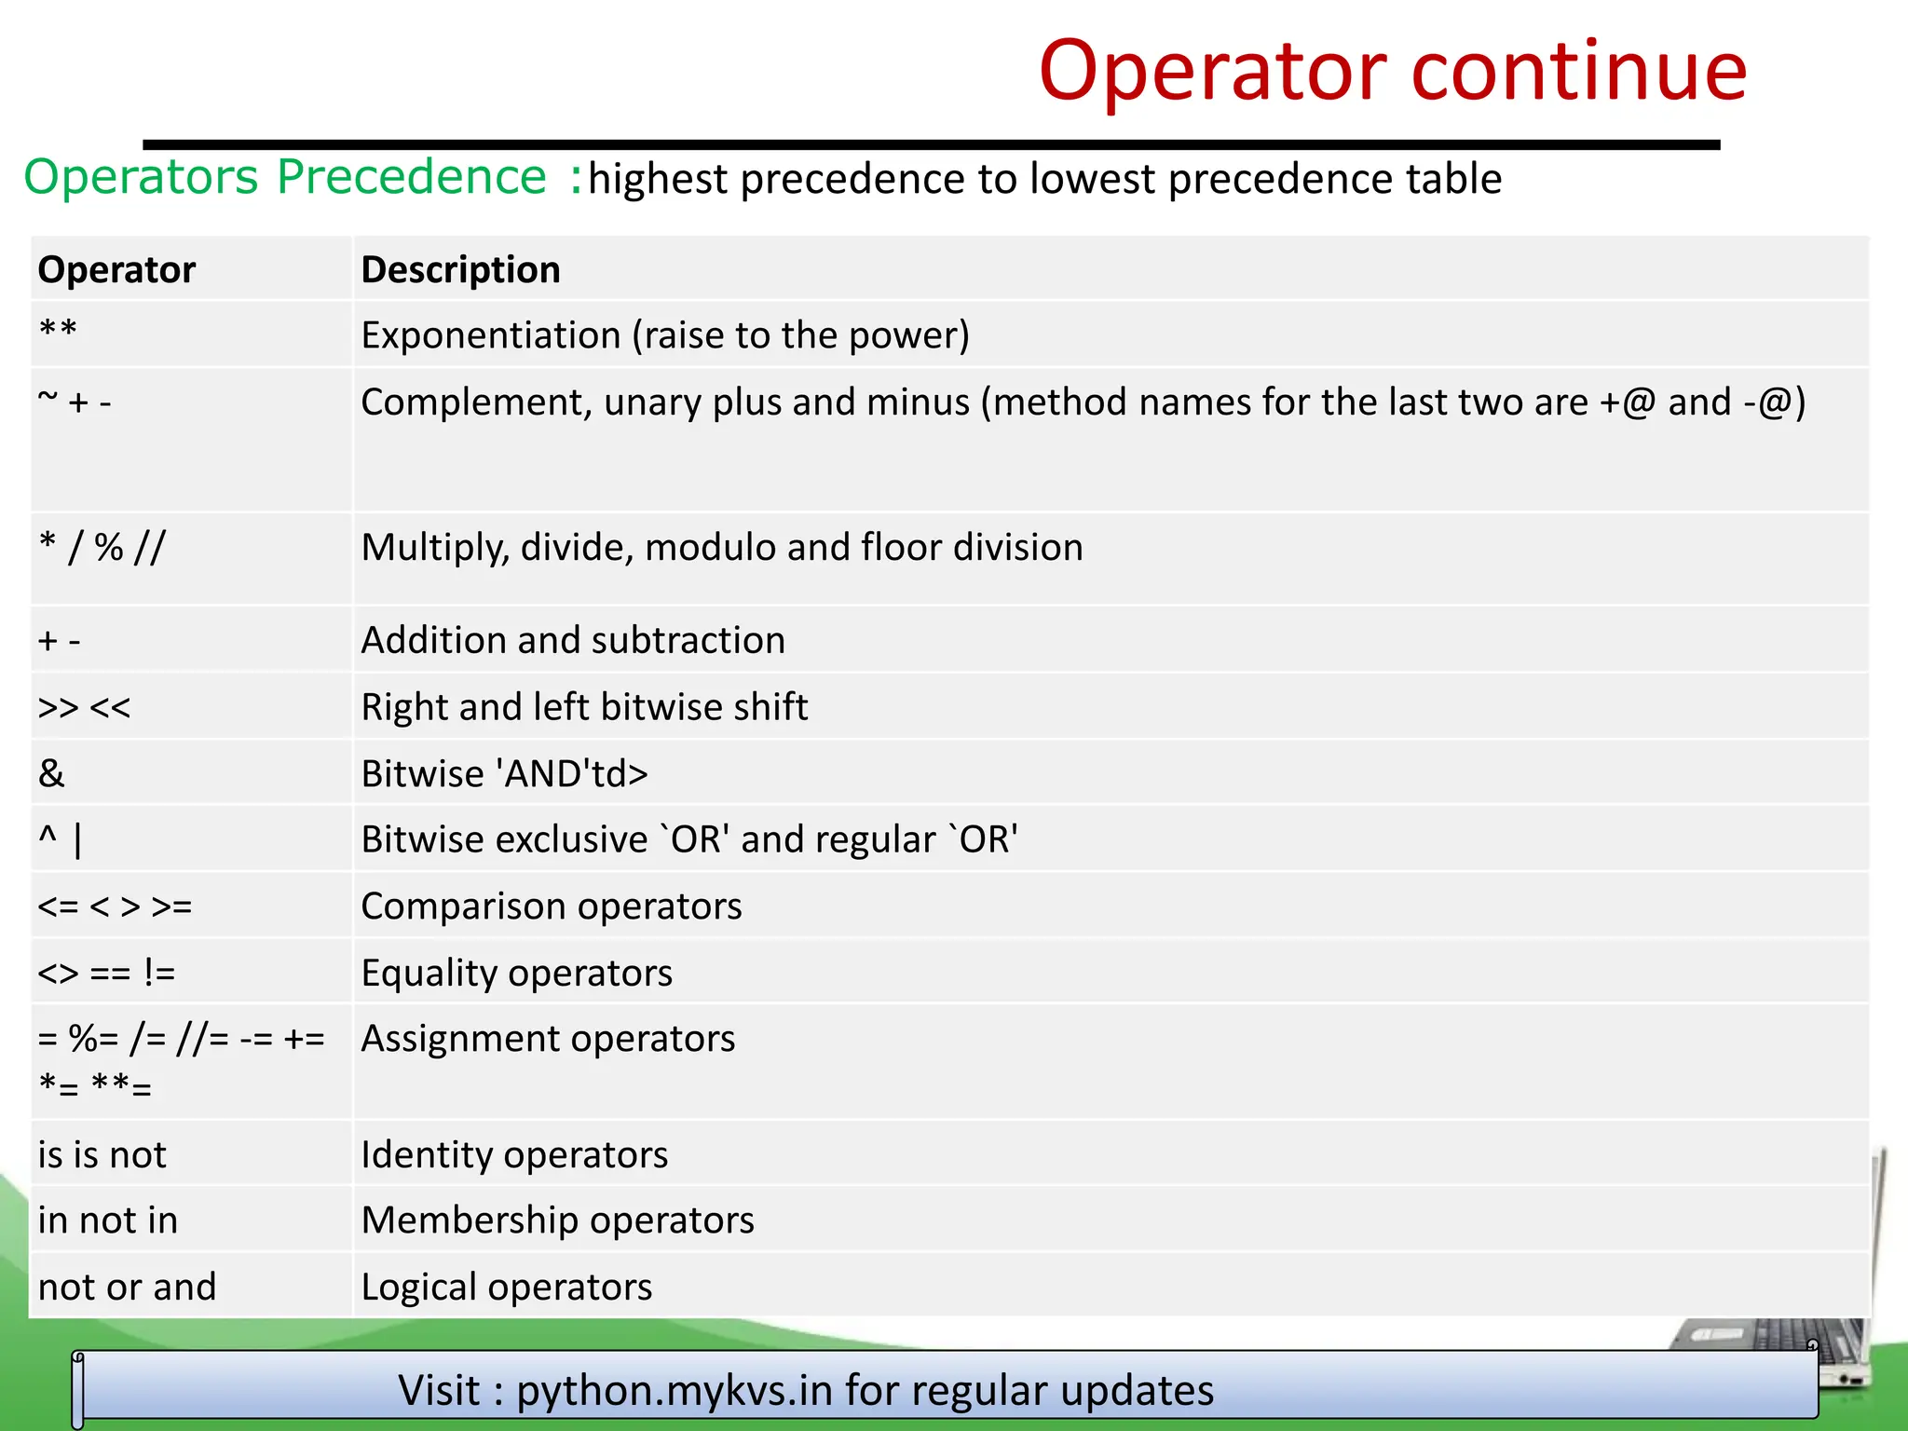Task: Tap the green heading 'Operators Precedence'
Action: pyautogui.click(x=285, y=177)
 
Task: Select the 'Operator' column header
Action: pyautogui.click(x=116, y=270)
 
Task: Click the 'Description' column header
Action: pyautogui.click(x=460, y=270)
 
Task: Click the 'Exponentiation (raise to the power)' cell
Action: pyautogui.click(x=665, y=335)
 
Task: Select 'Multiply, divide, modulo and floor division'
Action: pyautogui.click(x=722, y=548)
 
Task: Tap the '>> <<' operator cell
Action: pyautogui.click(x=84, y=707)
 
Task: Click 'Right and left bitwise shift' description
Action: pyautogui.click(x=584, y=707)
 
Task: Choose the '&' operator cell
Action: pyautogui.click(x=52, y=773)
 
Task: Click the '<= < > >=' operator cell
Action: pyautogui.click(x=115, y=906)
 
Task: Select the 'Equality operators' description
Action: pyautogui.click(x=516, y=974)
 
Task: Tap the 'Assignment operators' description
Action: pyautogui.click(x=548, y=1039)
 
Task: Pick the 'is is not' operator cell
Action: pyautogui.click(x=102, y=1155)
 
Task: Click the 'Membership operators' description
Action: pyautogui.click(x=557, y=1220)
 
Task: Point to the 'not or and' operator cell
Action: pyautogui.click(x=127, y=1288)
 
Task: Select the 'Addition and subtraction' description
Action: pyautogui.click(x=573, y=641)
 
